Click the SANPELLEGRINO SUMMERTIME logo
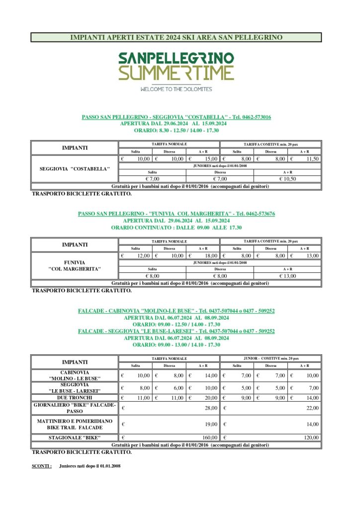pos(176,66)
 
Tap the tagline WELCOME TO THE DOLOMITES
pos(176,89)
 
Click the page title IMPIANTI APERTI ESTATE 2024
pos(176,37)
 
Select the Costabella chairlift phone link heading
pos(176,117)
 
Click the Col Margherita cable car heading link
pos(176,214)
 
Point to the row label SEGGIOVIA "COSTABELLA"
pos(75,169)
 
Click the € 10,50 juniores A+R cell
pos(287,179)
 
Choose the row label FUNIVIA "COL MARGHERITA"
pos(75,265)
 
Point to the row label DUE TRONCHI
pos(75,398)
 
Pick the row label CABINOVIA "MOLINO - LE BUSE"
pos(75,375)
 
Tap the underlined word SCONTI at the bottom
pos(41,466)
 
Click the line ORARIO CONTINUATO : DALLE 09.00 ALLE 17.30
pos(176,228)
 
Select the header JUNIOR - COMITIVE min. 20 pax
pos(270,358)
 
